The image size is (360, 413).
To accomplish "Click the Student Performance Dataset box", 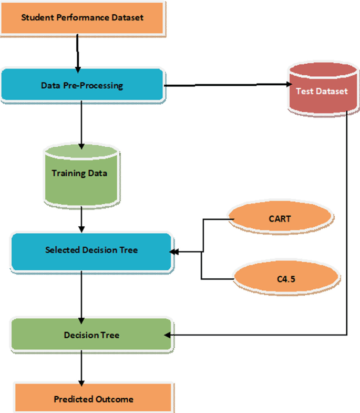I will pyautogui.click(x=82, y=17).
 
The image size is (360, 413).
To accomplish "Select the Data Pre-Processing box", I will pyautogui.click(x=82, y=85).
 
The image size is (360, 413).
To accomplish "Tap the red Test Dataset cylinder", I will pyautogui.click(x=322, y=90).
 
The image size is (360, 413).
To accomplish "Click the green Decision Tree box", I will pyautogui.click(x=91, y=335).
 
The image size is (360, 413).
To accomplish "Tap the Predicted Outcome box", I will pyautogui.click(x=93, y=399).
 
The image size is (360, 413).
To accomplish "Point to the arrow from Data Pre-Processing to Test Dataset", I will pyautogui.click(x=226, y=85).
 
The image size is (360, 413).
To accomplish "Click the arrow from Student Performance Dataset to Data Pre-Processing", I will pyautogui.click(x=78, y=53).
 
